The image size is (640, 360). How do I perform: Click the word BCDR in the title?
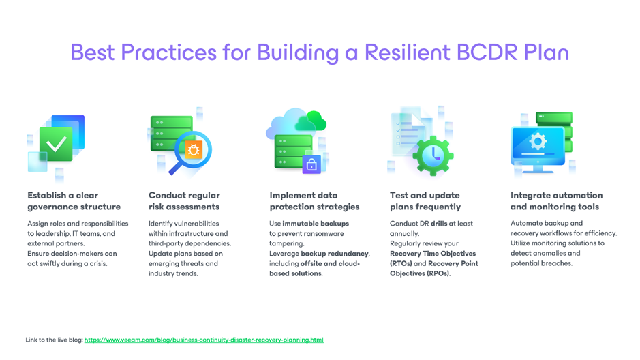click(487, 52)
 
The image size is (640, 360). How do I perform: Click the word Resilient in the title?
click(407, 52)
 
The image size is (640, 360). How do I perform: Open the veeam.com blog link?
click(204, 340)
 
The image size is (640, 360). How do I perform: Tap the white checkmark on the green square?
click(56, 144)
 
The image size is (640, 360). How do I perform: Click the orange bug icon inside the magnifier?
click(194, 149)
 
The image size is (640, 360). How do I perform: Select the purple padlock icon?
click(311, 164)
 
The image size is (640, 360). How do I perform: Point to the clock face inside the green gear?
click(433, 155)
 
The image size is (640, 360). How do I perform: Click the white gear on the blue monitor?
click(538, 142)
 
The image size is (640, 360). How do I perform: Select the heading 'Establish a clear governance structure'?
click(74, 201)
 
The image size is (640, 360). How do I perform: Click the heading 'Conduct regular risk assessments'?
click(184, 201)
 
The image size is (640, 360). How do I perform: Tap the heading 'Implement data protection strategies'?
click(314, 201)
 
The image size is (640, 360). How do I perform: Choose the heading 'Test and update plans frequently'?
click(425, 201)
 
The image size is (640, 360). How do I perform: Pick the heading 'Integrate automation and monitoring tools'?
click(556, 201)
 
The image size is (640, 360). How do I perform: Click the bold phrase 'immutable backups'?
click(316, 223)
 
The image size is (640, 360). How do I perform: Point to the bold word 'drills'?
click(439, 223)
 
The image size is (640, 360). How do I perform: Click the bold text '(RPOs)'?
click(438, 273)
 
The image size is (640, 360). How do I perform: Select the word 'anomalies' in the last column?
click(546, 253)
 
